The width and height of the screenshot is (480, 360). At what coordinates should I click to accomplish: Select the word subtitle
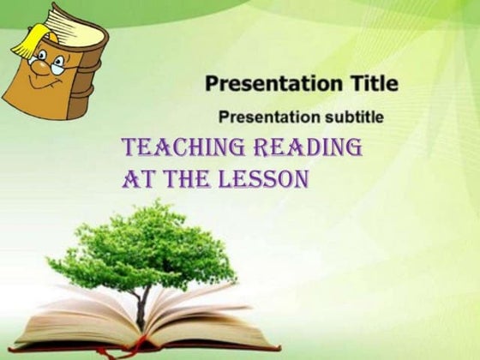pos(352,116)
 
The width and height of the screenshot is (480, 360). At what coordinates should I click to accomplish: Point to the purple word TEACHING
pos(179,147)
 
